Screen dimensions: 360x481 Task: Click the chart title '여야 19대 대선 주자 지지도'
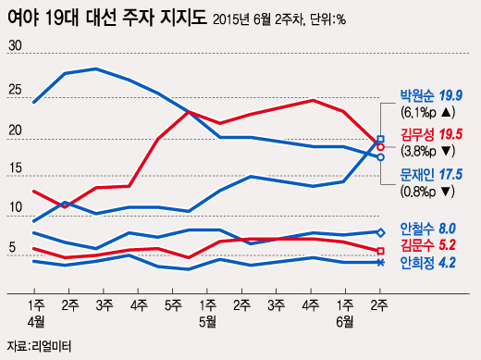[x=106, y=17]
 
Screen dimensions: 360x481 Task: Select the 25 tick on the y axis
[x=15, y=90]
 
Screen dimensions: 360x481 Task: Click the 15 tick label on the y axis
[x=15, y=168]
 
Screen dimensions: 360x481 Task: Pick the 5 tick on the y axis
[x=11, y=247]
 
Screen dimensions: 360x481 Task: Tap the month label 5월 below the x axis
[x=207, y=320]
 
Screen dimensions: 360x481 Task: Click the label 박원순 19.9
[x=430, y=95]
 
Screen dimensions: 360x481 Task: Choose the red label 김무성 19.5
[x=430, y=135]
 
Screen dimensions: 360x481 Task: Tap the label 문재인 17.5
[x=430, y=174]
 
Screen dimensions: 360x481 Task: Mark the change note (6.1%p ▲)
[x=426, y=114]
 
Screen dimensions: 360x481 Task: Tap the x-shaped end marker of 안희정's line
[x=380, y=263]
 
